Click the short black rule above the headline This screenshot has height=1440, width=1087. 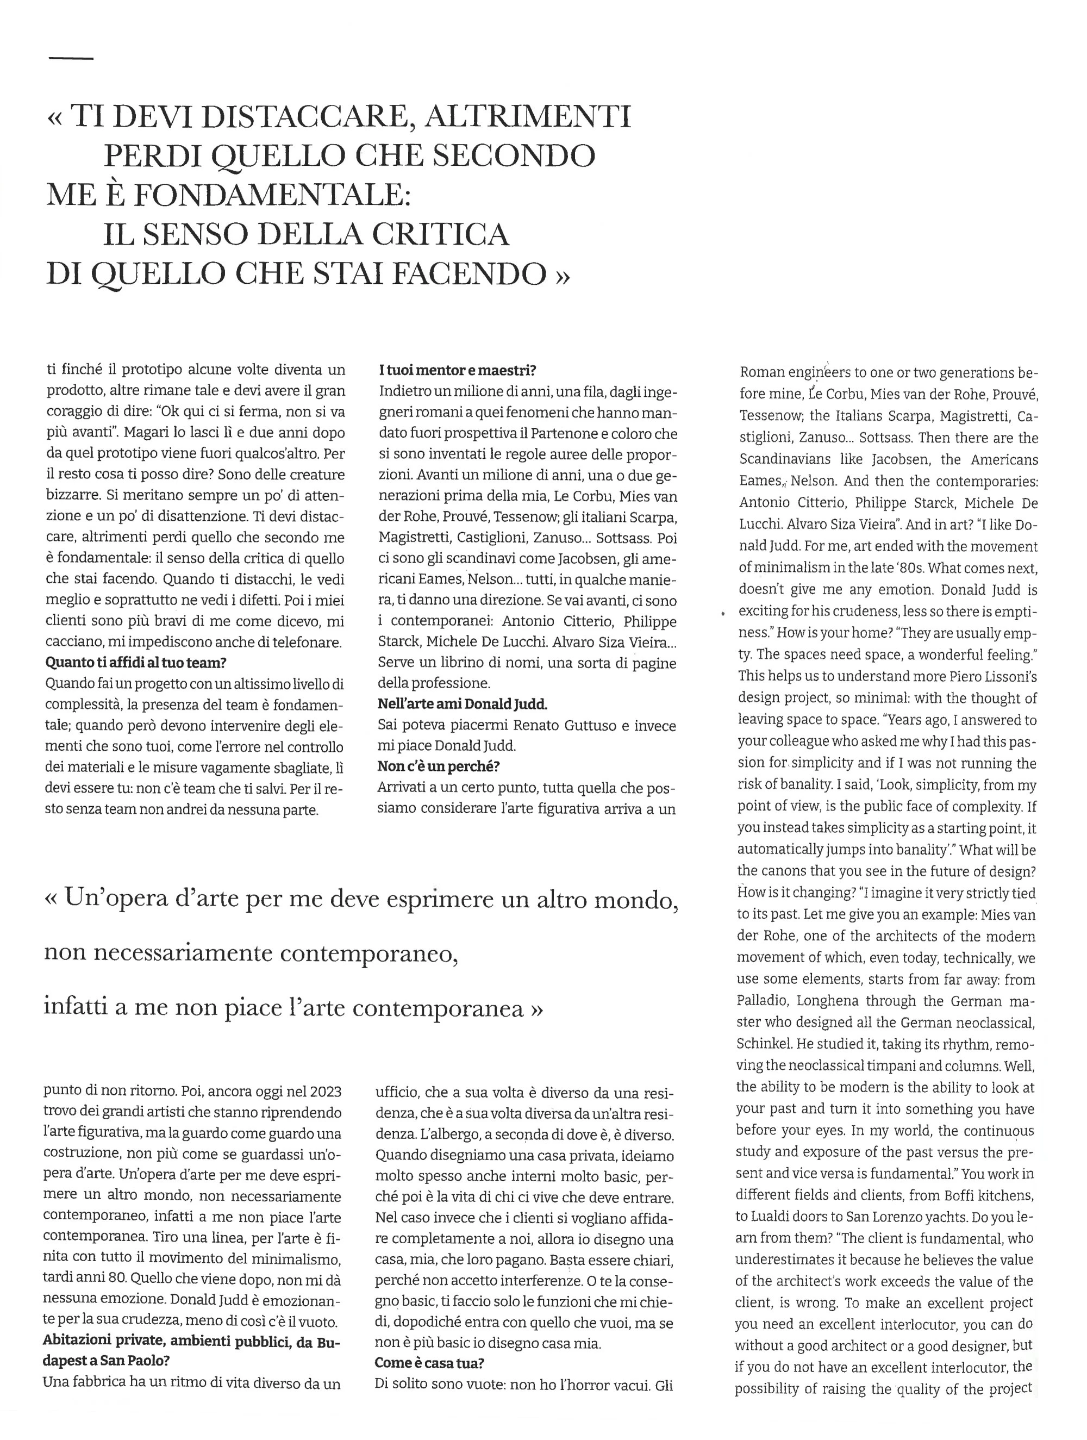coord(71,59)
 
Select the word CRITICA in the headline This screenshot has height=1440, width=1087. coord(442,234)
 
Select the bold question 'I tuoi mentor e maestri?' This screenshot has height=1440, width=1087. coord(457,370)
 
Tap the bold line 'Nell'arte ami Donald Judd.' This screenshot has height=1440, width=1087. coord(463,704)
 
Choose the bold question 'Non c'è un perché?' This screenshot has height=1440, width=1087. coord(439,766)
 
